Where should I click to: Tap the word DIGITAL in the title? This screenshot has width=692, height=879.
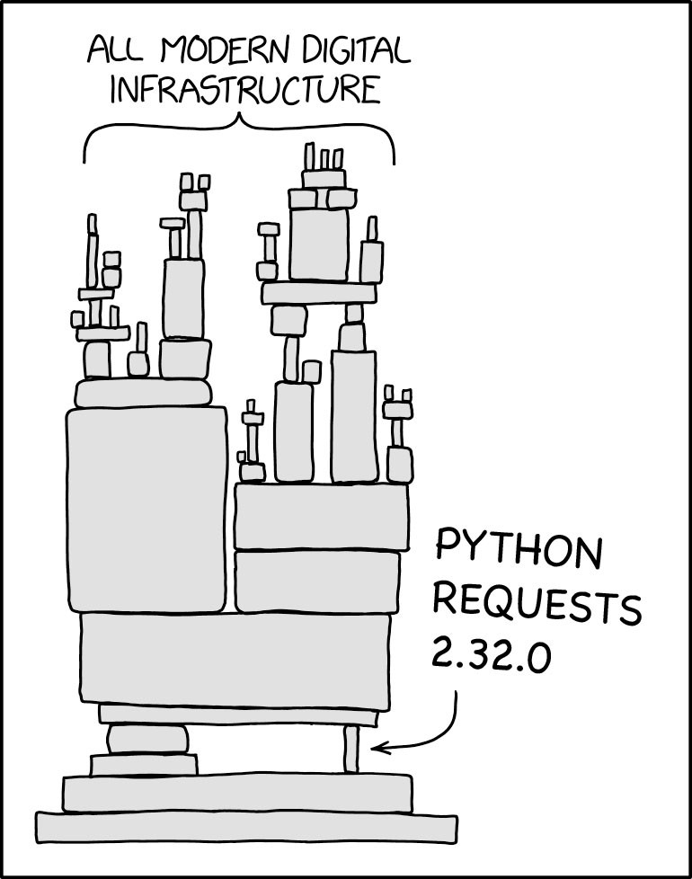(357, 50)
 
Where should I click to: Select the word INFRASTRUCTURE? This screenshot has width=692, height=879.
(245, 90)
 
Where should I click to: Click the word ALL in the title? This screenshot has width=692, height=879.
(115, 51)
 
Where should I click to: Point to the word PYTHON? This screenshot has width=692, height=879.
(519, 550)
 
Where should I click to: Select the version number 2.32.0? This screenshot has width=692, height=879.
(492, 656)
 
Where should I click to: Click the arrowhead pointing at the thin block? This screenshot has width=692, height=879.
(377, 747)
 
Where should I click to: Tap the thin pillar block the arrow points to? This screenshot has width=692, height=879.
(350, 749)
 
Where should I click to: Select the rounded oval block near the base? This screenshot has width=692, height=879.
(147, 740)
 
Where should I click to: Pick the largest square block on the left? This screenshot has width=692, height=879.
(146, 509)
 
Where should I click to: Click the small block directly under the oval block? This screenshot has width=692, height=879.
(144, 765)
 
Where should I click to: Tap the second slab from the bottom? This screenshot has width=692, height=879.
(237, 794)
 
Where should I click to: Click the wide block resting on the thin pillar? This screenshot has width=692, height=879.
(239, 715)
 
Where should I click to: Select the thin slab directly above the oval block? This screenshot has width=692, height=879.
(239, 715)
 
